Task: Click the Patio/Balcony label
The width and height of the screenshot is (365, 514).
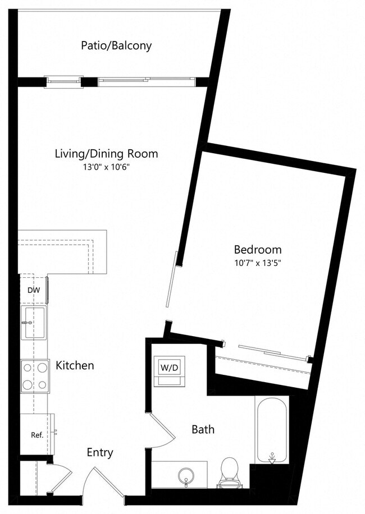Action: coord(116,45)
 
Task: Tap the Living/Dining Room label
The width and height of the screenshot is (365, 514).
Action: coord(106,153)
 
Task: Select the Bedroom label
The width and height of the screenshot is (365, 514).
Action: coord(258,249)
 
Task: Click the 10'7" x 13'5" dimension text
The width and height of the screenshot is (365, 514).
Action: coord(257,263)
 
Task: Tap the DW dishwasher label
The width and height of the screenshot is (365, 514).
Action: coord(33,290)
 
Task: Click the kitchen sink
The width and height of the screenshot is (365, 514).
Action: coord(35,323)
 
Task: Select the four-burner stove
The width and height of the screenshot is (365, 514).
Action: coord(35,377)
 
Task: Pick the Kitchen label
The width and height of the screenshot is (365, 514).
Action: coord(75,365)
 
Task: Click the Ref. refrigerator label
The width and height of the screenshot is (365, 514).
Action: coord(37,434)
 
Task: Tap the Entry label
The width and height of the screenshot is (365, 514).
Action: coord(99,452)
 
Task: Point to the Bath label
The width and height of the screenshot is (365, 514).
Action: coord(203,430)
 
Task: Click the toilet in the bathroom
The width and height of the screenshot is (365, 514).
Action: coord(229,472)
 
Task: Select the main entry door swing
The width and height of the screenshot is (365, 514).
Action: coord(104,483)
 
